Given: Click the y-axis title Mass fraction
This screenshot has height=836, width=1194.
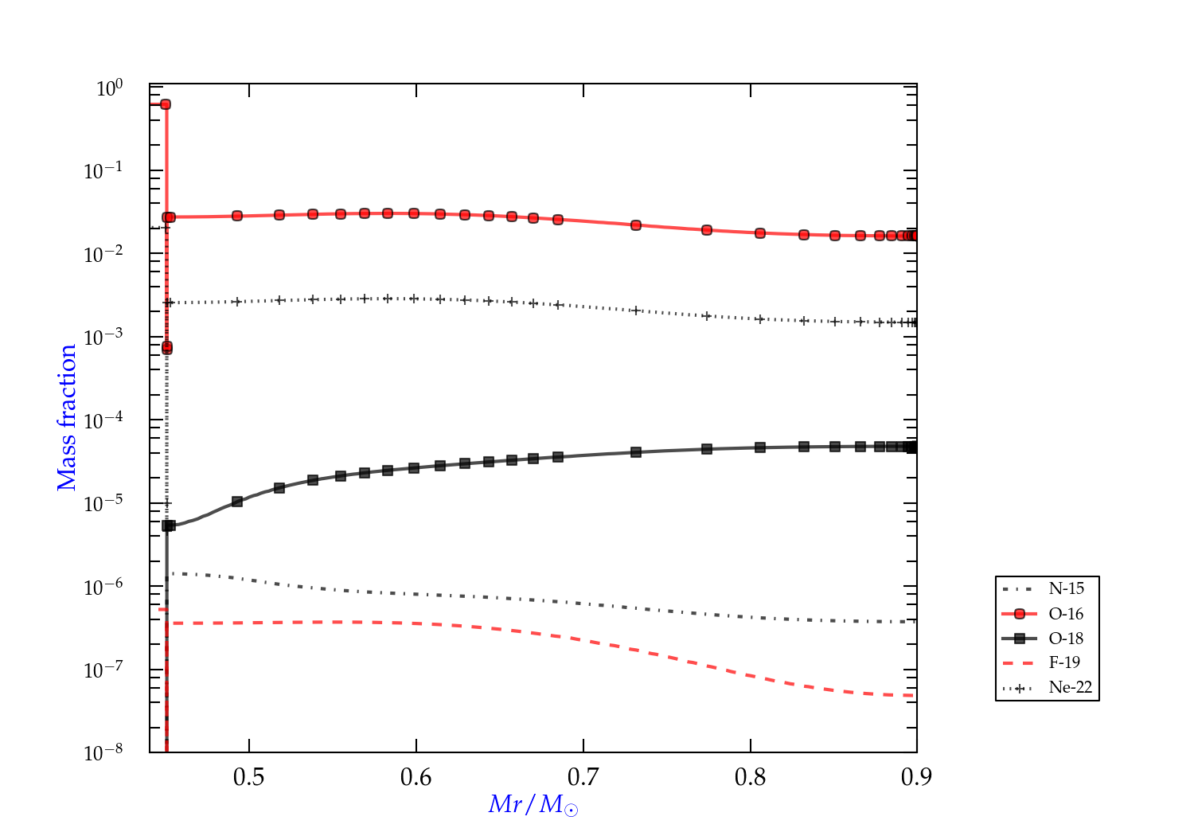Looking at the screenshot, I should coord(67,417).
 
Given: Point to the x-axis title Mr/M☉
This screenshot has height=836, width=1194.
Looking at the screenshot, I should coord(533,805).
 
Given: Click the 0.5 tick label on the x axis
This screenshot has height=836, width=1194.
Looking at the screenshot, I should coord(249,776).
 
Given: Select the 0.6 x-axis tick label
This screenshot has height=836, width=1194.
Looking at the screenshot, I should coord(416,776).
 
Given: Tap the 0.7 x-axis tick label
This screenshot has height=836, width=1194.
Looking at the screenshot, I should coord(583,776).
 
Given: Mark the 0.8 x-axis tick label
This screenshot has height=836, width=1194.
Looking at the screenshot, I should coord(751,776).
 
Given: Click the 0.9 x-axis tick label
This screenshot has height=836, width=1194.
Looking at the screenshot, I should coord(916,776).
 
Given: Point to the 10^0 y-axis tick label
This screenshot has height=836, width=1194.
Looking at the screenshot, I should coord(109,88).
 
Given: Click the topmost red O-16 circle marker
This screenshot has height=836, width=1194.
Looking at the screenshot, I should coord(166,104).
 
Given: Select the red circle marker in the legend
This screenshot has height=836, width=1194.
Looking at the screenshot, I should coord(1020,614).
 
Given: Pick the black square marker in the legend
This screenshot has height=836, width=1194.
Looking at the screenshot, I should coord(1020,639).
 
